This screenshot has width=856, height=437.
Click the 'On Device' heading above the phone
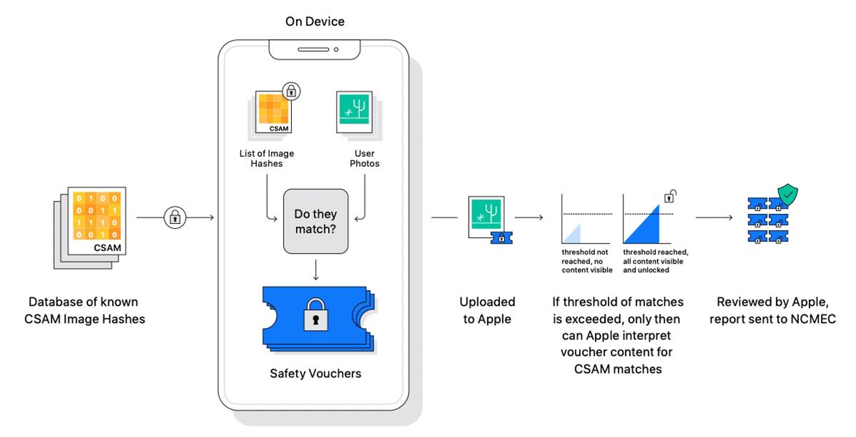(315, 21)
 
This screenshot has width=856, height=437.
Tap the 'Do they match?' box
(315, 221)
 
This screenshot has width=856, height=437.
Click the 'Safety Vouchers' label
(315, 373)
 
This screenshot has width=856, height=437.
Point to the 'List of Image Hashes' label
(267, 158)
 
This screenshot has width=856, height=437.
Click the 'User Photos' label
(365, 158)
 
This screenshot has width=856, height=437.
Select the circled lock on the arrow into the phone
(175, 217)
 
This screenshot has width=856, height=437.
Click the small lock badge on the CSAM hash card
(291, 91)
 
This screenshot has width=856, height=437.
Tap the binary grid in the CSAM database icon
(96, 216)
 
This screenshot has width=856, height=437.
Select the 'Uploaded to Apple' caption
(487, 310)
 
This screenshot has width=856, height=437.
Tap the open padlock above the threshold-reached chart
(671, 195)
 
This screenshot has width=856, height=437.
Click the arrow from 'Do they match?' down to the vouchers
(315, 269)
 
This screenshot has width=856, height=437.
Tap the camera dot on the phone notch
(335, 49)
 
